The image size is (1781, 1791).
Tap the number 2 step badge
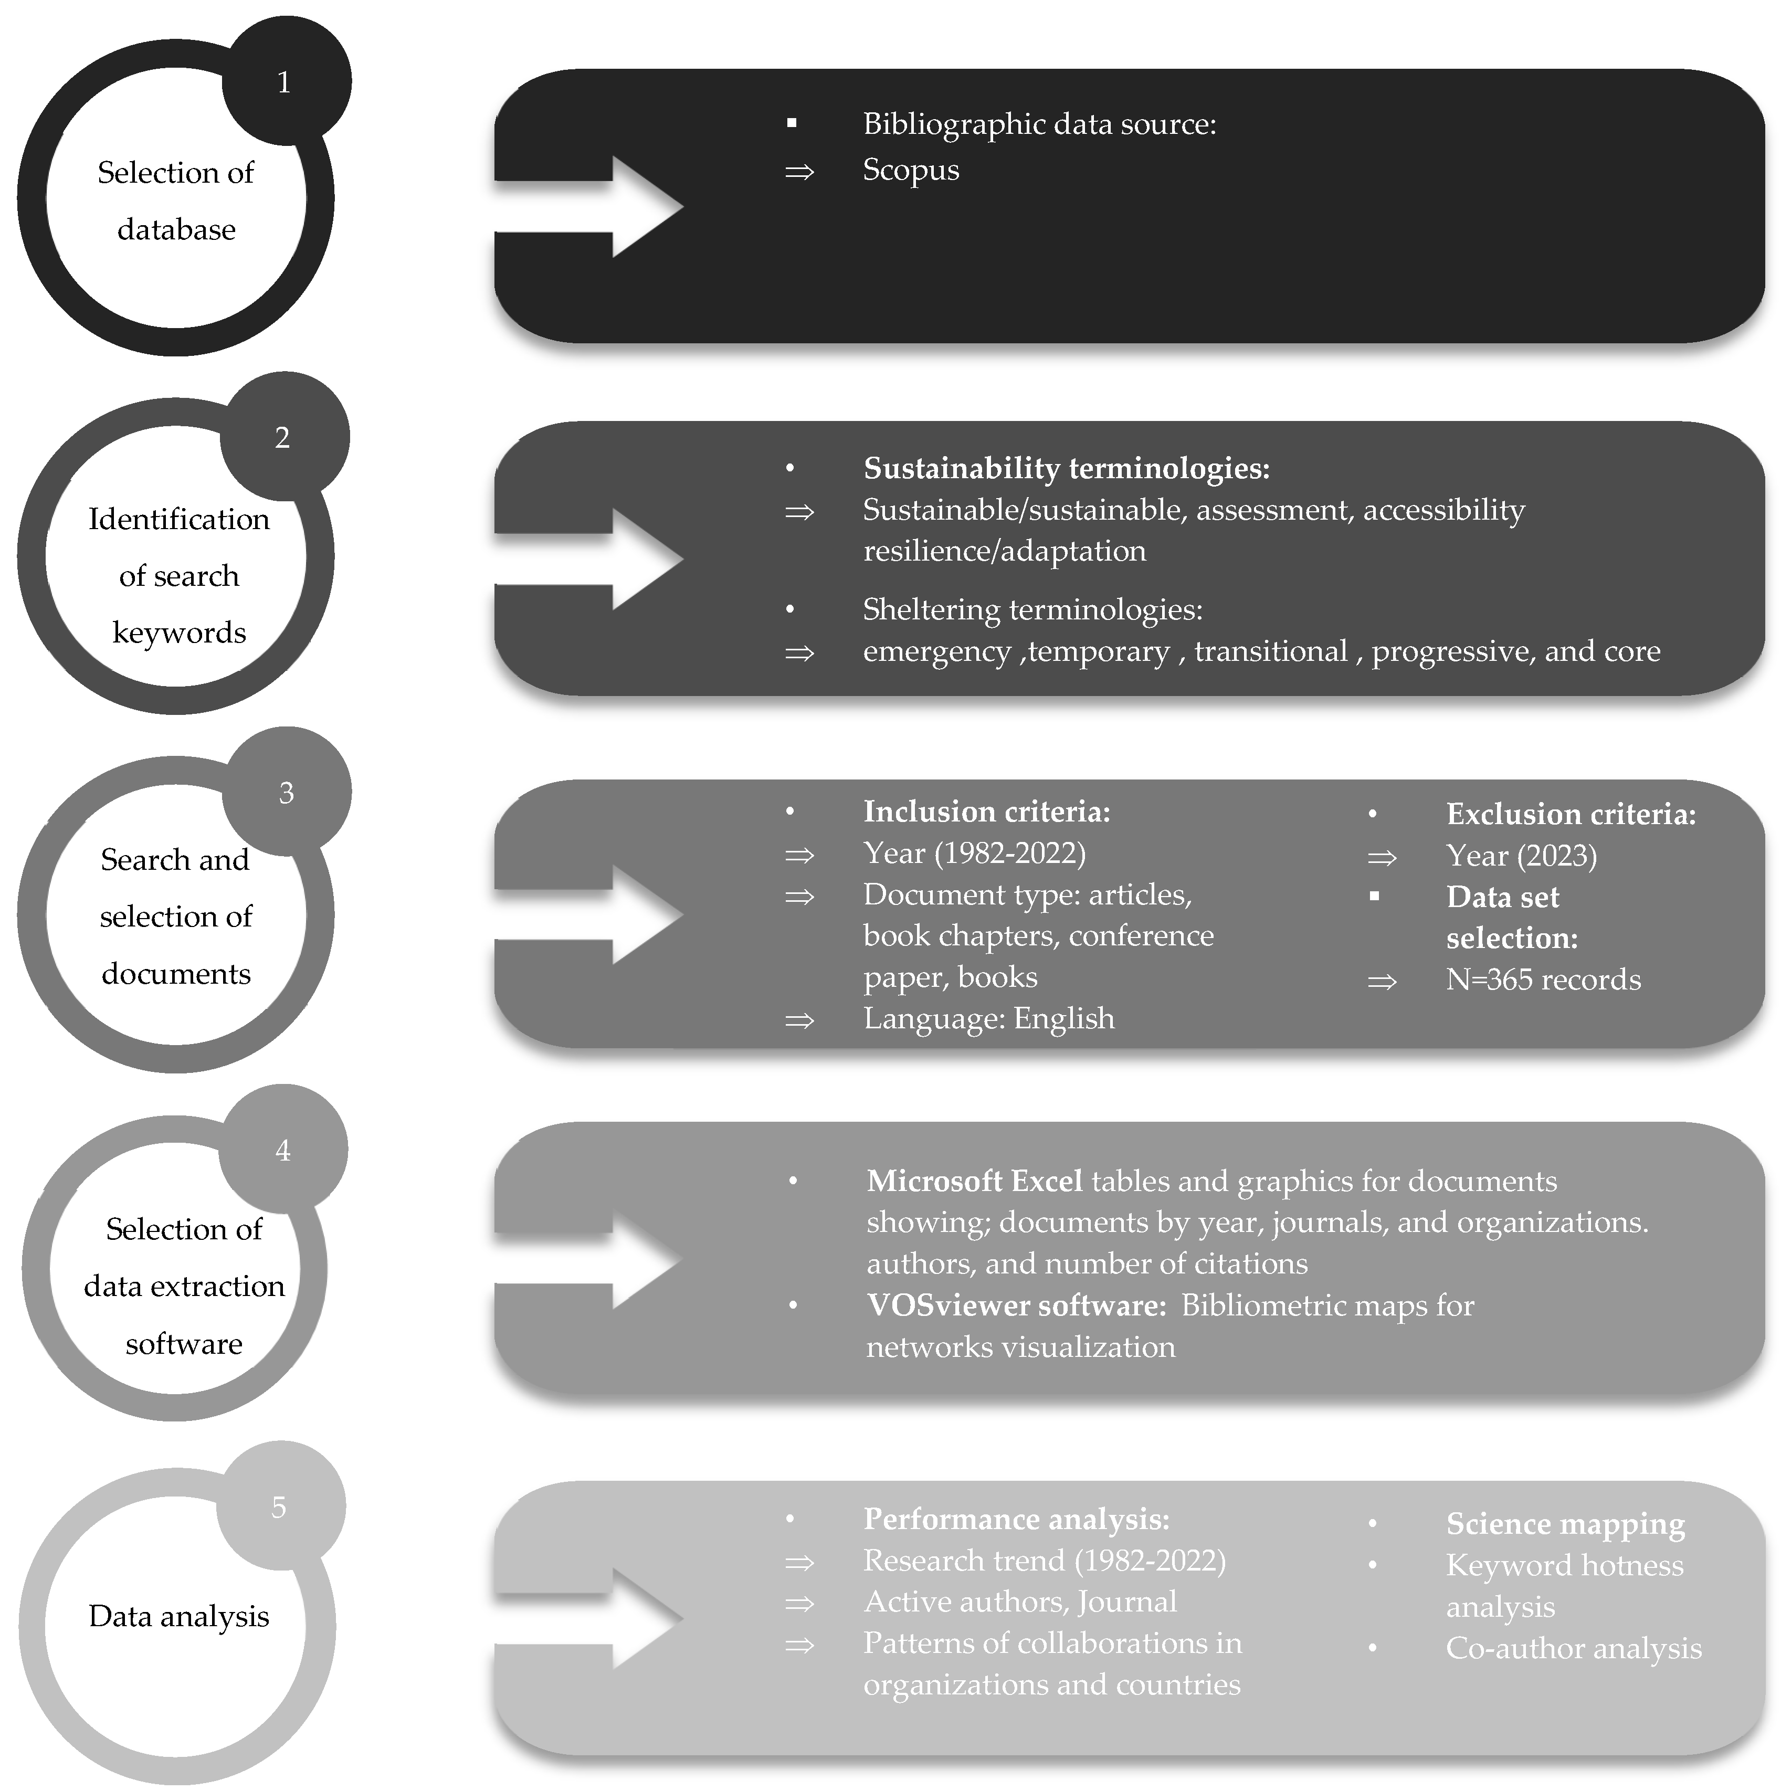283,437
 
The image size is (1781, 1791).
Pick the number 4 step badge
283,1150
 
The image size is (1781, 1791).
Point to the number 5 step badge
280,1506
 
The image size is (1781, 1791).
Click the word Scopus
910,170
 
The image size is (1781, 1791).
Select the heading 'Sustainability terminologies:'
1066,468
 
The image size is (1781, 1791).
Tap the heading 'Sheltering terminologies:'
1032,609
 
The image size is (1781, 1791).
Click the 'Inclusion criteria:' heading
986,811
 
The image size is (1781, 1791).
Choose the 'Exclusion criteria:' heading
1571,814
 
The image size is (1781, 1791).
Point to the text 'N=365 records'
1543,979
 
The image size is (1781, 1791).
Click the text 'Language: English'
988,1018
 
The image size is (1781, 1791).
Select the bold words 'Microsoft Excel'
974,1181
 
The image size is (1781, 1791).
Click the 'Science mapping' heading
1565,1523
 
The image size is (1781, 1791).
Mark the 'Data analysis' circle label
179,1616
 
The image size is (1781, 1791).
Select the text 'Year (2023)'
1521,855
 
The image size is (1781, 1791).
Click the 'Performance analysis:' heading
1016,1519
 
